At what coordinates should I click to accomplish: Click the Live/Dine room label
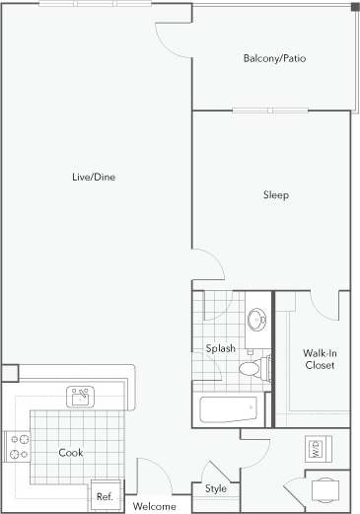click(x=96, y=178)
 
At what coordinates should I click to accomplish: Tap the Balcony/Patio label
click(x=274, y=59)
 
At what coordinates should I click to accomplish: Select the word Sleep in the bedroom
click(x=275, y=195)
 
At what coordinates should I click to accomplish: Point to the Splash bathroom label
click(x=220, y=347)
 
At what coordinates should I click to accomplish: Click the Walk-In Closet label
click(x=318, y=358)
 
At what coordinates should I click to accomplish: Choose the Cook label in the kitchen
click(x=70, y=453)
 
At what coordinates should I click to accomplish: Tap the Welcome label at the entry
click(x=155, y=506)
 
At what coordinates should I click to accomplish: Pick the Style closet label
click(x=215, y=488)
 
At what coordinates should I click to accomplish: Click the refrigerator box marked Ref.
click(x=105, y=495)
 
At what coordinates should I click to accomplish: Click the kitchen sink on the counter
click(x=80, y=397)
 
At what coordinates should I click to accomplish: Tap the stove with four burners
click(x=18, y=445)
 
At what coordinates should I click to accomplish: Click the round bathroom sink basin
click(x=255, y=320)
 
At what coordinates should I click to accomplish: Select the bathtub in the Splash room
click(x=227, y=408)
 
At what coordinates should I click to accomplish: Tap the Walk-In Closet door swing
click(x=324, y=304)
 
